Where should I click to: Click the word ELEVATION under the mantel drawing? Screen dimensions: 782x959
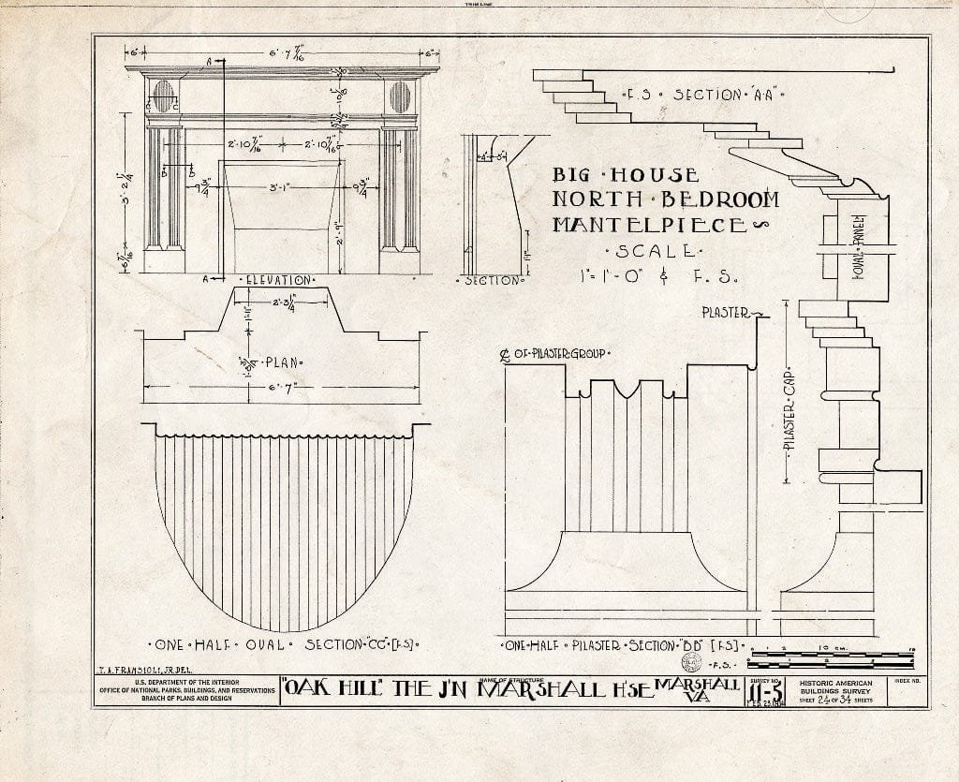(x=280, y=280)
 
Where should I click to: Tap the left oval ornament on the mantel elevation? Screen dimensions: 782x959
(x=162, y=96)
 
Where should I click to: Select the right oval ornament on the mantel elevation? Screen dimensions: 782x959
(x=400, y=96)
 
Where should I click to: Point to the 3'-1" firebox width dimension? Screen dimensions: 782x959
(x=278, y=188)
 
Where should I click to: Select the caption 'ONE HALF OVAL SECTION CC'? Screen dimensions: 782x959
(x=283, y=645)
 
